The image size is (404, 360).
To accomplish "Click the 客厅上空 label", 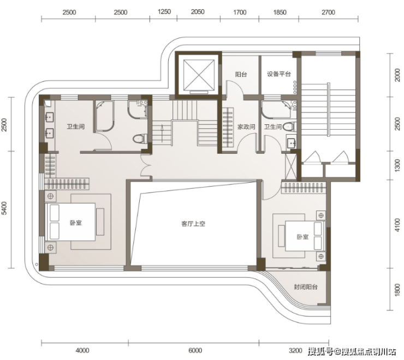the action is [x=193, y=224].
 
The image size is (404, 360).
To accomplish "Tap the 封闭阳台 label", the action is [x=306, y=287].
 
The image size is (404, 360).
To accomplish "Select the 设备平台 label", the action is [x=279, y=74].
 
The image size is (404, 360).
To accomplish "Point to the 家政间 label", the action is [x=246, y=127].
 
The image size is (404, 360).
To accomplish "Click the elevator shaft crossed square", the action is [x=199, y=75].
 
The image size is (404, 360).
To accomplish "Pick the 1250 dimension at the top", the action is [x=164, y=11].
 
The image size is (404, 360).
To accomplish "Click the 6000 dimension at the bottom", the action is [x=195, y=350].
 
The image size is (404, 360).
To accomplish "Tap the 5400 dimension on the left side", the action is [x=4, y=208].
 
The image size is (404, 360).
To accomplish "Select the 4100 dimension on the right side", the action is [x=397, y=225].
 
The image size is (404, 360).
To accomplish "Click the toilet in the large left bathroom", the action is [x=140, y=139].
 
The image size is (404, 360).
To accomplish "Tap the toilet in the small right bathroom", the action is [x=289, y=127].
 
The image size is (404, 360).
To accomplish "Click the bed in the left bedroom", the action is [x=70, y=222].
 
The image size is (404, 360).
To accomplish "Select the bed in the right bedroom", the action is [x=305, y=236].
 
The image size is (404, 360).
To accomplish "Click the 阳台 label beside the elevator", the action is [x=241, y=74].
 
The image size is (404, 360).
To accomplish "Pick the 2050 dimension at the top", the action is [x=198, y=12].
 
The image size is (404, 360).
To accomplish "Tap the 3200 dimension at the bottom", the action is [x=295, y=351].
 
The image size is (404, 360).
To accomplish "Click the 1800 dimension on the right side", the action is [x=397, y=289].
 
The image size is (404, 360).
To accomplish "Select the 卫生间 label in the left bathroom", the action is [x=75, y=127].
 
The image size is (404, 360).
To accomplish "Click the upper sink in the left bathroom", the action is [x=49, y=117].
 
